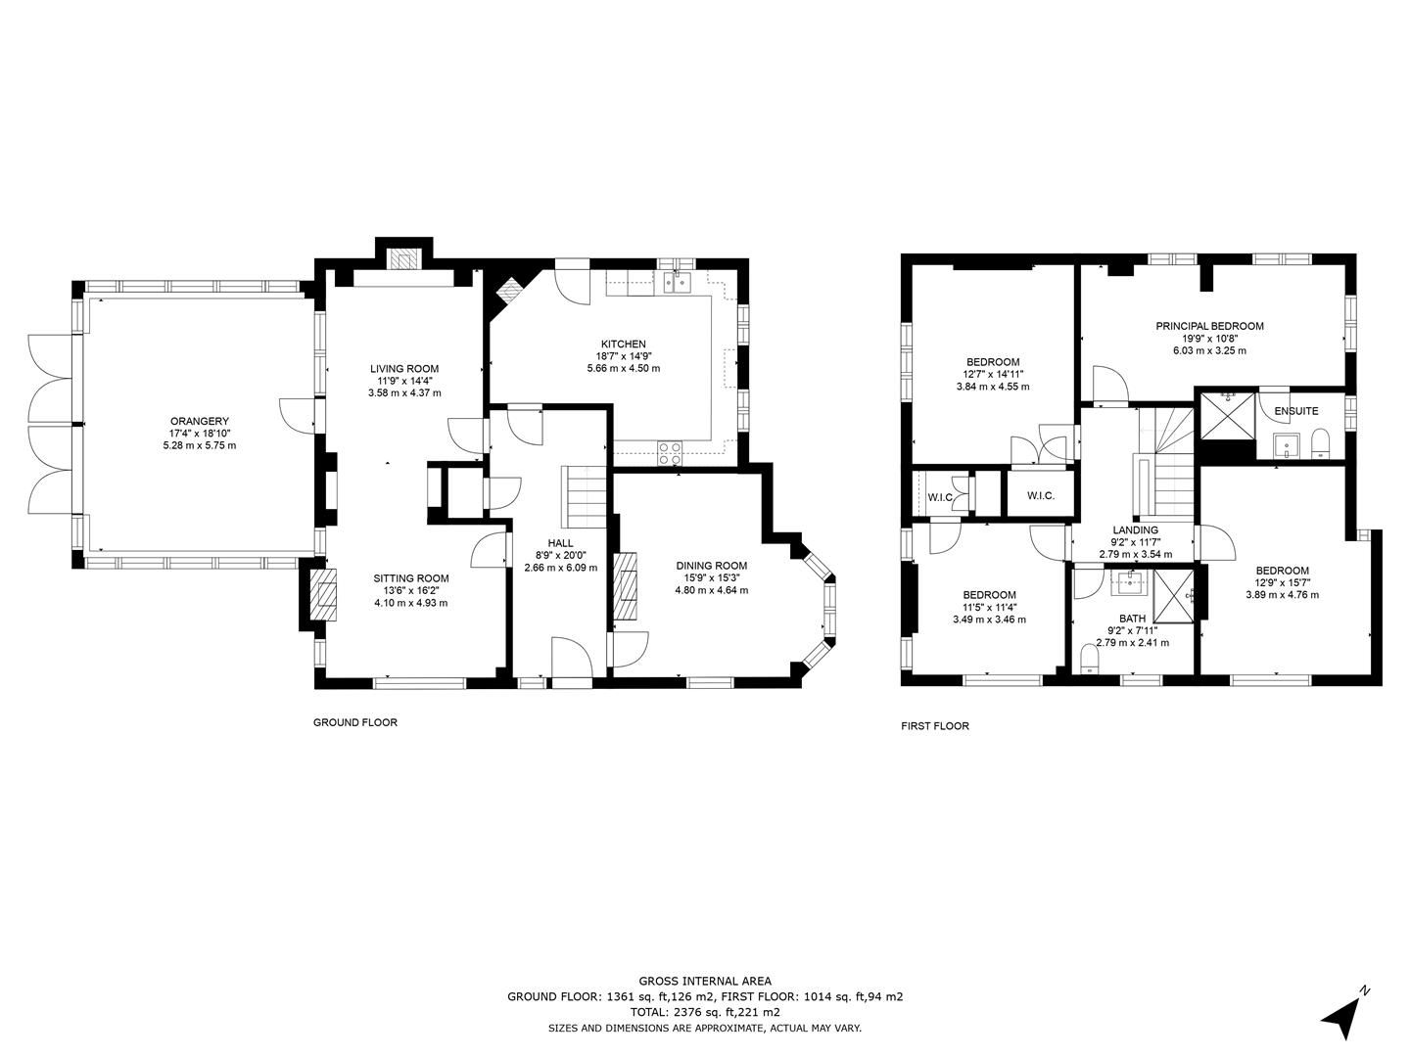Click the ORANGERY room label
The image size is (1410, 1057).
click(x=199, y=421)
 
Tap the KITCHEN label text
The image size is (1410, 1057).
click(x=623, y=344)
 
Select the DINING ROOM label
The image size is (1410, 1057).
click(x=711, y=566)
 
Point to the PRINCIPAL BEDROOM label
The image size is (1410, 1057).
click(x=1209, y=326)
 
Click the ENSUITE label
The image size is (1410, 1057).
click(x=1295, y=411)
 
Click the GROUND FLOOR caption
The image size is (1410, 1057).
click(x=354, y=723)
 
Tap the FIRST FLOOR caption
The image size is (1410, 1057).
click(x=935, y=726)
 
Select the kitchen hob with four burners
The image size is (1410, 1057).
click(x=670, y=453)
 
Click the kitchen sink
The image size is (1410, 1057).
click(x=677, y=283)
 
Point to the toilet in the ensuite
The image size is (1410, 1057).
click(x=1319, y=443)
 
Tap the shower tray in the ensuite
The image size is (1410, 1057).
click(x=1227, y=415)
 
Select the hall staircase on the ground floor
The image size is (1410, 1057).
click(x=584, y=498)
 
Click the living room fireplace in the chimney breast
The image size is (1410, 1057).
click(x=403, y=258)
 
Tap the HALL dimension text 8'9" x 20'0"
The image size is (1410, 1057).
click(x=560, y=556)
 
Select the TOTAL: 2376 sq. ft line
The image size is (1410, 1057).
click(x=704, y=1012)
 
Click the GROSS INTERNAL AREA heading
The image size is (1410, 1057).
click(x=704, y=981)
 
